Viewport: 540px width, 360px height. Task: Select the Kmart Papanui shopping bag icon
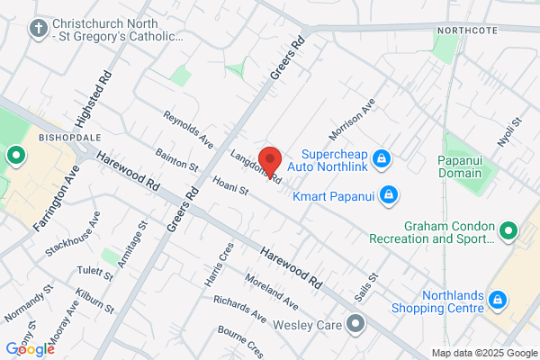(x=389, y=193)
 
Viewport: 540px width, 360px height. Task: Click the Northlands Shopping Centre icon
(x=496, y=297)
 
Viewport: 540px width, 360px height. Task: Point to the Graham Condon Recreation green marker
(x=508, y=232)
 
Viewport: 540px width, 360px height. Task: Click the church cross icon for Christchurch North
(x=38, y=28)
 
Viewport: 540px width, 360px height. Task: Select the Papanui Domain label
(x=469, y=166)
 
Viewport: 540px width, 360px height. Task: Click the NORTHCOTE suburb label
(x=466, y=31)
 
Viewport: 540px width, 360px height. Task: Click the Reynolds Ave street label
(x=187, y=130)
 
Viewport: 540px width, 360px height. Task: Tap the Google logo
(x=30, y=348)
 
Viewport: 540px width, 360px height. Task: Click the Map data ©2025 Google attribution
(x=482, y=353)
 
